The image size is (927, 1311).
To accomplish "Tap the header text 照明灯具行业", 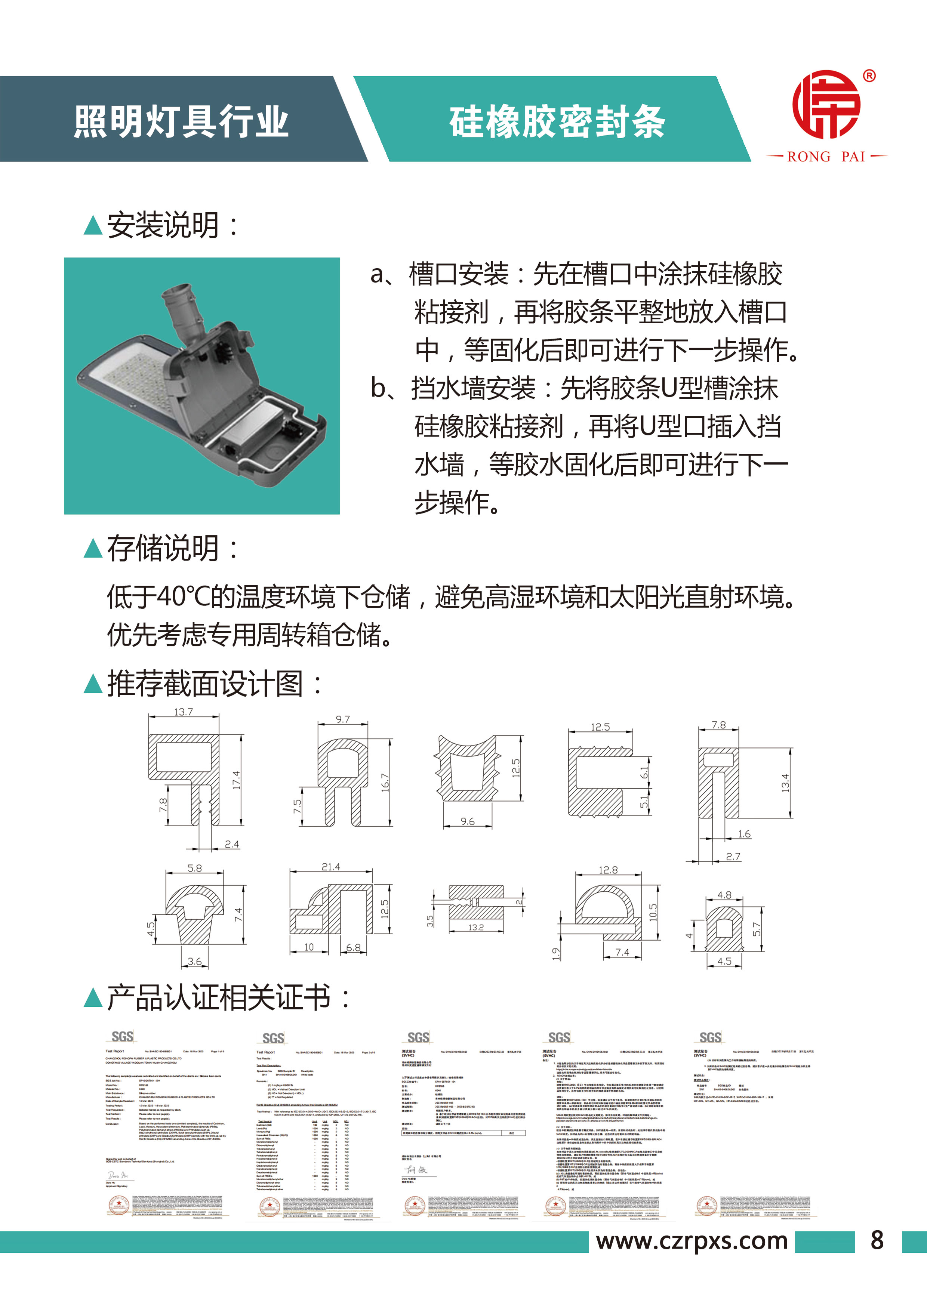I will pyautogui.click(x=181, y=121).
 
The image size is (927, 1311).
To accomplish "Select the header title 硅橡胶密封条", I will pyautogui.click(x=557, y=121).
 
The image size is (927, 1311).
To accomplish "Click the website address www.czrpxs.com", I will pyautogui.click(x=692, y=1240).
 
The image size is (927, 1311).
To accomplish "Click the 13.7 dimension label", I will pyautogui.click(x=183, y=712).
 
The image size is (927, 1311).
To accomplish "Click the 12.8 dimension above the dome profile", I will pyautogui.click(x=608, y=870).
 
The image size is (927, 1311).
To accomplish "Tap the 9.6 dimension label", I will pyautogui.click(x=467, y=822).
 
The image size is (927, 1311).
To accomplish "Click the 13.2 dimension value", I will pyautogui.click(x=476, y=927).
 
